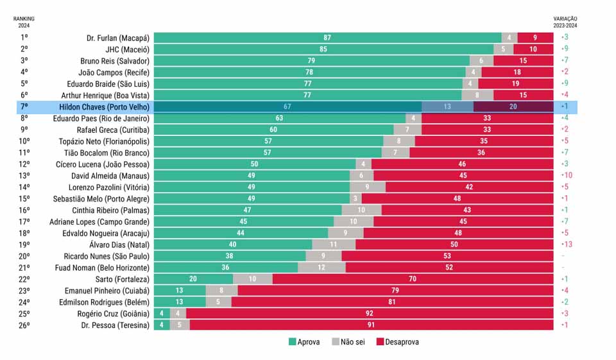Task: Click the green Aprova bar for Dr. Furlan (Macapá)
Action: tap(327, 38)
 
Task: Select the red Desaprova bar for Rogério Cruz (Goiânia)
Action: tap(369, 314)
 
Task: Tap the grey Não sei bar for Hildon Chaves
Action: tap(447, 107)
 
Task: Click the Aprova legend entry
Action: tap(304, 342)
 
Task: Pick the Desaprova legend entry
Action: tap(397, 342)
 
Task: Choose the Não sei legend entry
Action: tap(349, 342)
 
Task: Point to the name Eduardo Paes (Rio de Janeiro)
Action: tap(101, 119)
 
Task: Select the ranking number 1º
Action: tap(24, 38)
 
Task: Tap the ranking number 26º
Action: tap(24, 325)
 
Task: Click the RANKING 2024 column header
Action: tap(24, 22)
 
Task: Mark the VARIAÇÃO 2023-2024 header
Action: tap(565, 22)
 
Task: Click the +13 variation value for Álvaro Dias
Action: tap(567, 244)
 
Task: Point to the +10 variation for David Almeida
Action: tap(567, 176)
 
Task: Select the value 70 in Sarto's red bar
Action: tap(413, 279)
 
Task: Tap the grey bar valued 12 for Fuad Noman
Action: tap(321, 268)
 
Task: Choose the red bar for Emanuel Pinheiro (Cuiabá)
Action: tap(395, 291)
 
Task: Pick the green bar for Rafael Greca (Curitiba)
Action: tap(273, 130)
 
